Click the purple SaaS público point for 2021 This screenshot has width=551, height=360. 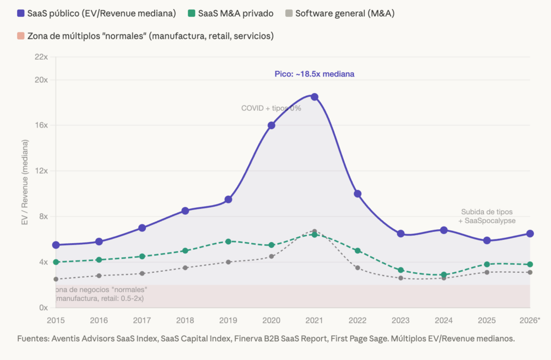tap(315, 97)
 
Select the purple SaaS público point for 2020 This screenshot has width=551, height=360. tap(272, 125)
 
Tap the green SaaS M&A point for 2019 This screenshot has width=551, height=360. tap(228, 242)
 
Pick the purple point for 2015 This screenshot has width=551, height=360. tap(56, 245)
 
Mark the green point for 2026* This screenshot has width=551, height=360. tap(530, 264)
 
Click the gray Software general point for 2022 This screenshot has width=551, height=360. tap(358, 267)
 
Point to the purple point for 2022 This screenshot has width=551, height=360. tap(358, 194)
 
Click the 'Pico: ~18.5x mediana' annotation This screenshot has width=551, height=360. tap(314, 74)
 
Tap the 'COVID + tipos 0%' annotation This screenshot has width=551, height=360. tap(271, 108)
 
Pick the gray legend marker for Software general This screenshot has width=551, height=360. tap(290, 13)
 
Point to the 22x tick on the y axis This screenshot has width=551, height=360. tap(41, 57)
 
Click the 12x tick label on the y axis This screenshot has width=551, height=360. tap(41, 171)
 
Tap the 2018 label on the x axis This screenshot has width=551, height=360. tap(185, 320)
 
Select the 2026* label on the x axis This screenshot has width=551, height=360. tap(529, 320)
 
